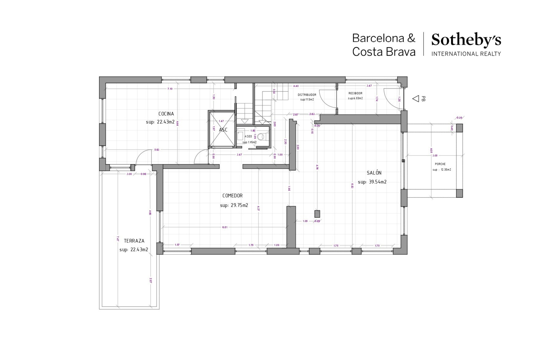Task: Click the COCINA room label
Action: pos(166,114)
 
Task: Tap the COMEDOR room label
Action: pos(232,196)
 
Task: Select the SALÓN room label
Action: pos(374,173)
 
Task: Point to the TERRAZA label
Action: pos(134,241)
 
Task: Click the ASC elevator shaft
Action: pos(223,130)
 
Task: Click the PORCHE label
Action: pos(440,164)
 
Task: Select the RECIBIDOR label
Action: pos(355,93)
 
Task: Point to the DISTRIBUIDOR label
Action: pos(307,95)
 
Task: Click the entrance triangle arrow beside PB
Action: pos(416,98)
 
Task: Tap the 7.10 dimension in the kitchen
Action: pos(170,89)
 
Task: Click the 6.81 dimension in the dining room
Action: pos(225,227)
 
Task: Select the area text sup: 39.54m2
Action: pos(372,182)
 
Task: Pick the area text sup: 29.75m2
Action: pos(234,205)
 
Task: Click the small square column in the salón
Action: pos(317,214)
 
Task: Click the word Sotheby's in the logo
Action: pos(466,40)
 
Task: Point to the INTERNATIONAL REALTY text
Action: pos(466,54)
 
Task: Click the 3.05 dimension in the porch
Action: pos(435,155)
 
